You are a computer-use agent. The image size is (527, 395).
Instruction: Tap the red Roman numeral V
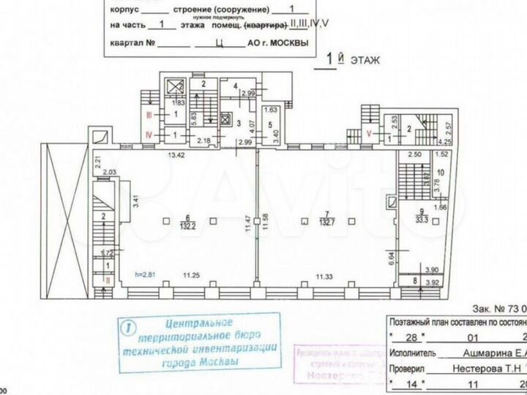pos(369,133)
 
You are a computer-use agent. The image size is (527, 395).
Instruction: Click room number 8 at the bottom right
pos(415,279)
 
